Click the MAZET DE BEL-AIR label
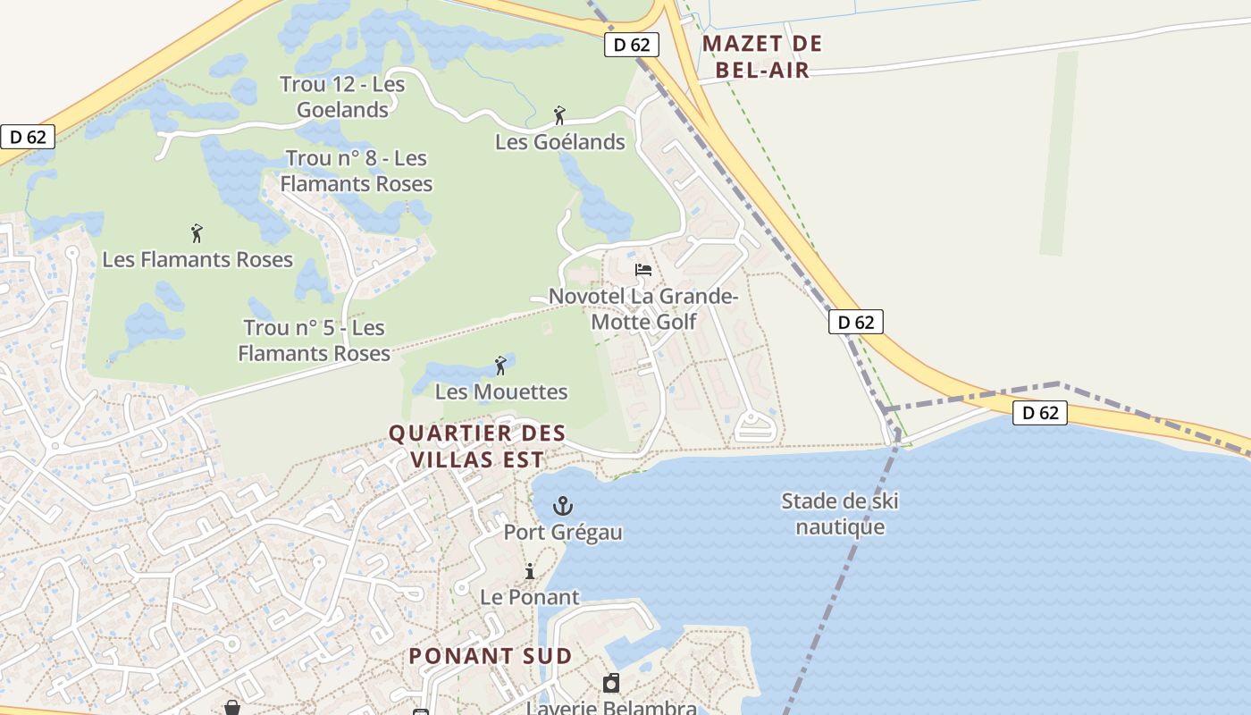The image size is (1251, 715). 762,56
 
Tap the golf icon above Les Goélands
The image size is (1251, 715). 559,115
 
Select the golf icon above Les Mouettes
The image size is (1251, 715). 500,366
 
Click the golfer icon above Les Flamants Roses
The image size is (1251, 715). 197,234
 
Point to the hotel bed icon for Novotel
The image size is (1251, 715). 642,269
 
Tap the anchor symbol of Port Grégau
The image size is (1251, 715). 563,507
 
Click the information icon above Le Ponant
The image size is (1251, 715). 530,571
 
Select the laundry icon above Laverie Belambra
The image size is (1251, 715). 611,684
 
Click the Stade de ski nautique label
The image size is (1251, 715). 840,514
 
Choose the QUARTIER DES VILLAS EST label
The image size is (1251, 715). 477,446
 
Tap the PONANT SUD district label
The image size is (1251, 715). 491,655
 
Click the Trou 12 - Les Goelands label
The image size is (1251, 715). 342,97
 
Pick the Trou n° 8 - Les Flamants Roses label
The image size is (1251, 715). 357,171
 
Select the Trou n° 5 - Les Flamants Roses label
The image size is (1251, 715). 315,341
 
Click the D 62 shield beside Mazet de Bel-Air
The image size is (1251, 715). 632,45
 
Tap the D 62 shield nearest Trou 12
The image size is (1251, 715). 28,137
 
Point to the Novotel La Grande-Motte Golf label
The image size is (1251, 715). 643,308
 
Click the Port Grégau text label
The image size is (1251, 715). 563,533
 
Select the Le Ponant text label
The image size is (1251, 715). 530,597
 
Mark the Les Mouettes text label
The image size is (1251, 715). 501,391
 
